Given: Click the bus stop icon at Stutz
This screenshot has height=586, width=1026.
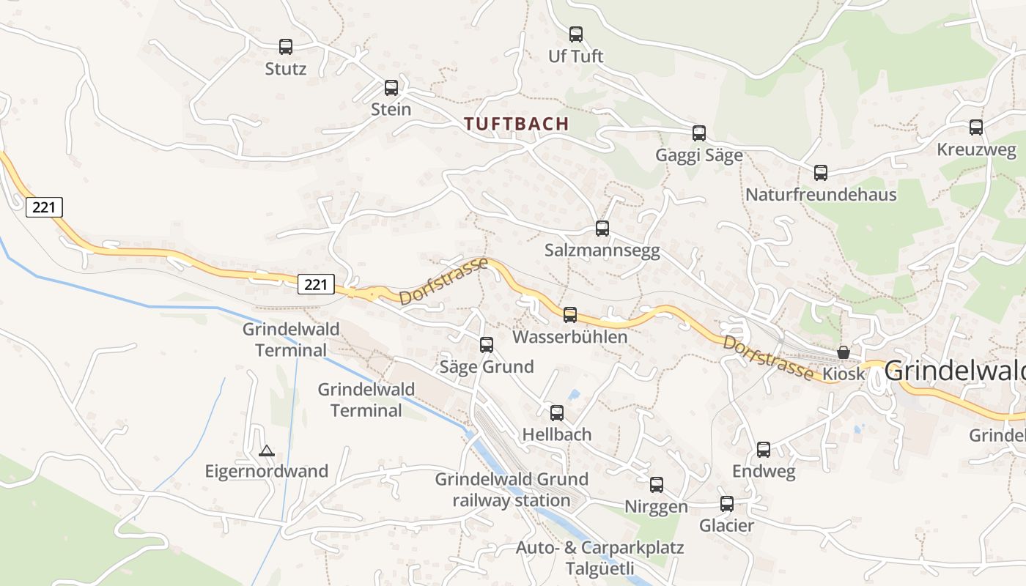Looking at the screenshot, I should click(x=286, y=47).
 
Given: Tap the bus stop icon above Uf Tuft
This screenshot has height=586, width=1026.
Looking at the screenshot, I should click(x=576, y=34).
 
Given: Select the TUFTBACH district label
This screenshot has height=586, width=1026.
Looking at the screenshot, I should click(x=517, y=123).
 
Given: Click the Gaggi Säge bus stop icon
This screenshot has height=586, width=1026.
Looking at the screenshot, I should click(x=699, y=133).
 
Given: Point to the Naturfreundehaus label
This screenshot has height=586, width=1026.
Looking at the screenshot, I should click(x=821, y=195).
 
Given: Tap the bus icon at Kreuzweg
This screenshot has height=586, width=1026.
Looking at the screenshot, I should click(x=976, y=127).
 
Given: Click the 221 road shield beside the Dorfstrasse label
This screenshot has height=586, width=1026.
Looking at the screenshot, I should click(x=316, y=284).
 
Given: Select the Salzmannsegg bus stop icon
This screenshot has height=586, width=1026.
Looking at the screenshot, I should click(x=602, y=229).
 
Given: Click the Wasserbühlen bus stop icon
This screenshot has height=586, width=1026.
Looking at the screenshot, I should click(x=570, y=315).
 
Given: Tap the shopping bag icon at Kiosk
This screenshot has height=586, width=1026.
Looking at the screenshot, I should click(x=844, y=352).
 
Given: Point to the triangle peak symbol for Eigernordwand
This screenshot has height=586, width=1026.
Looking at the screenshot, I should click(x=267, y=450).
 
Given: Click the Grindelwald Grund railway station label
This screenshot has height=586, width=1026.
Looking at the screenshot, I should click(x=512, y=489).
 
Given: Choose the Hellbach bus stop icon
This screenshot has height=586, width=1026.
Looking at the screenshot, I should click(x=557, y=413).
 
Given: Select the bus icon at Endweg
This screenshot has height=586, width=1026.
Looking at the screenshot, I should click(x=764, y=450).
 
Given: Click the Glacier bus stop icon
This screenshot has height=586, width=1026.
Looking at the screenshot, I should click(x=727, y=504).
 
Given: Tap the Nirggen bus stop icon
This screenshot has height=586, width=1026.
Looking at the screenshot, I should click(x=657, y=485).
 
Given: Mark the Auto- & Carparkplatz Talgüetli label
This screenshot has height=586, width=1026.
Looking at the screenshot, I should click(x=599, y=557).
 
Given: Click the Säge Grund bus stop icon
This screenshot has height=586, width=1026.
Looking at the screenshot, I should click(x=487, y=344).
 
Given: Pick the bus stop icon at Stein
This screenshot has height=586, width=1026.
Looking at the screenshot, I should click(x=391, y=88).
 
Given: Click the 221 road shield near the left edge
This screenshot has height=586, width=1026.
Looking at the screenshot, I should click(x=44, y=207).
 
